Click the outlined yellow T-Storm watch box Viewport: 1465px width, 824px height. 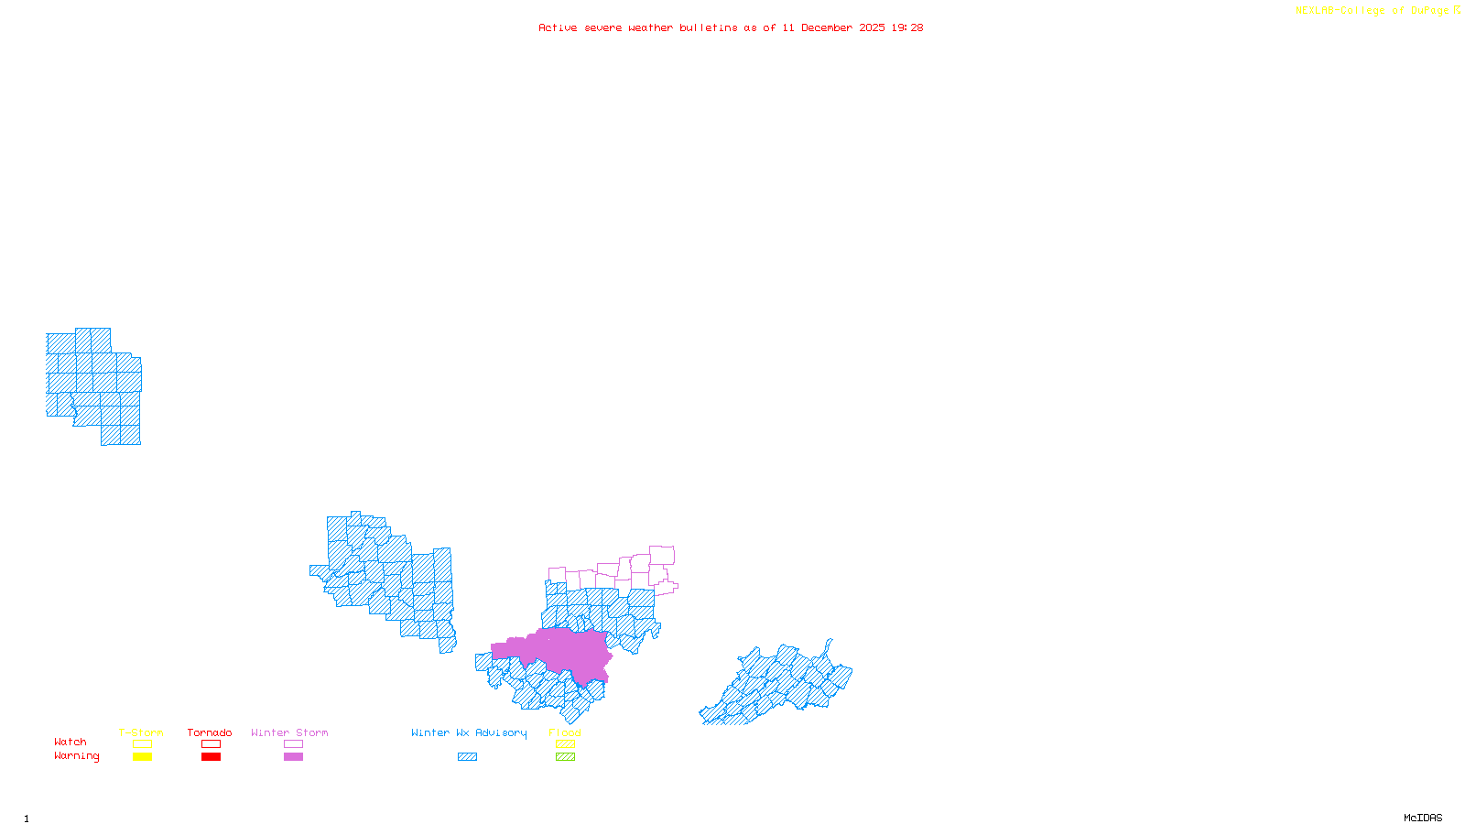point(142,744)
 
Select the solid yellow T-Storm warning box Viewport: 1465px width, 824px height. point(142,757)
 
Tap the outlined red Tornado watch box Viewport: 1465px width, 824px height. point(211,744)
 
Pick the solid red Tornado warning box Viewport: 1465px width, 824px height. point(211,757)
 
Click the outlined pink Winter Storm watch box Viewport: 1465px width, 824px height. point(293,744)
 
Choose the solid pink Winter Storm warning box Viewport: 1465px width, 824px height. point(293,757)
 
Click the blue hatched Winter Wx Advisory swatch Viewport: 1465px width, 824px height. point(467,757)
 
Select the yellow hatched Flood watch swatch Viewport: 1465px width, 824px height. point(565,744)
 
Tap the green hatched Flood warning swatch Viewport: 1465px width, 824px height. point(565,757)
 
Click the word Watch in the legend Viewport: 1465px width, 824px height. point(71,743)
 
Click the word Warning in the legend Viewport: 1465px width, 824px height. point(77,756)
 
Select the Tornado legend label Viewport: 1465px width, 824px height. point(210,732)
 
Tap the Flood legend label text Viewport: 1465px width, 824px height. point(565,732)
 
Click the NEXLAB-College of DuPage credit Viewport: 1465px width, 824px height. point(1373,11)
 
